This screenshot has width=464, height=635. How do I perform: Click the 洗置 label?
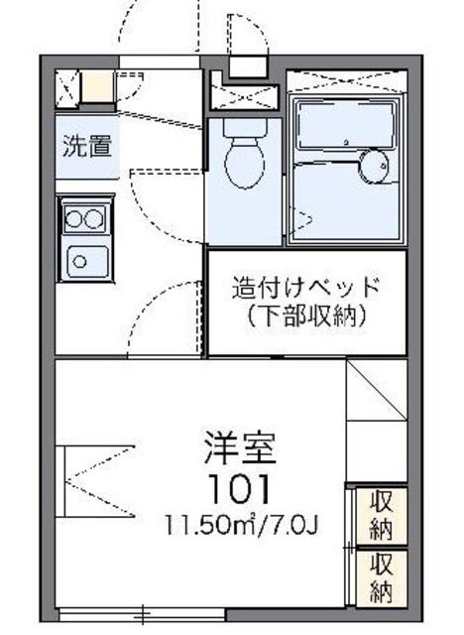pyautogui.click(x=86, y=147)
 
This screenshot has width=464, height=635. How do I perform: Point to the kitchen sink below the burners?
pyautogui.click(x=85, y=260)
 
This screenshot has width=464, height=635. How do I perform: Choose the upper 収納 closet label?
pyautogui.click(x=382, y=513)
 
